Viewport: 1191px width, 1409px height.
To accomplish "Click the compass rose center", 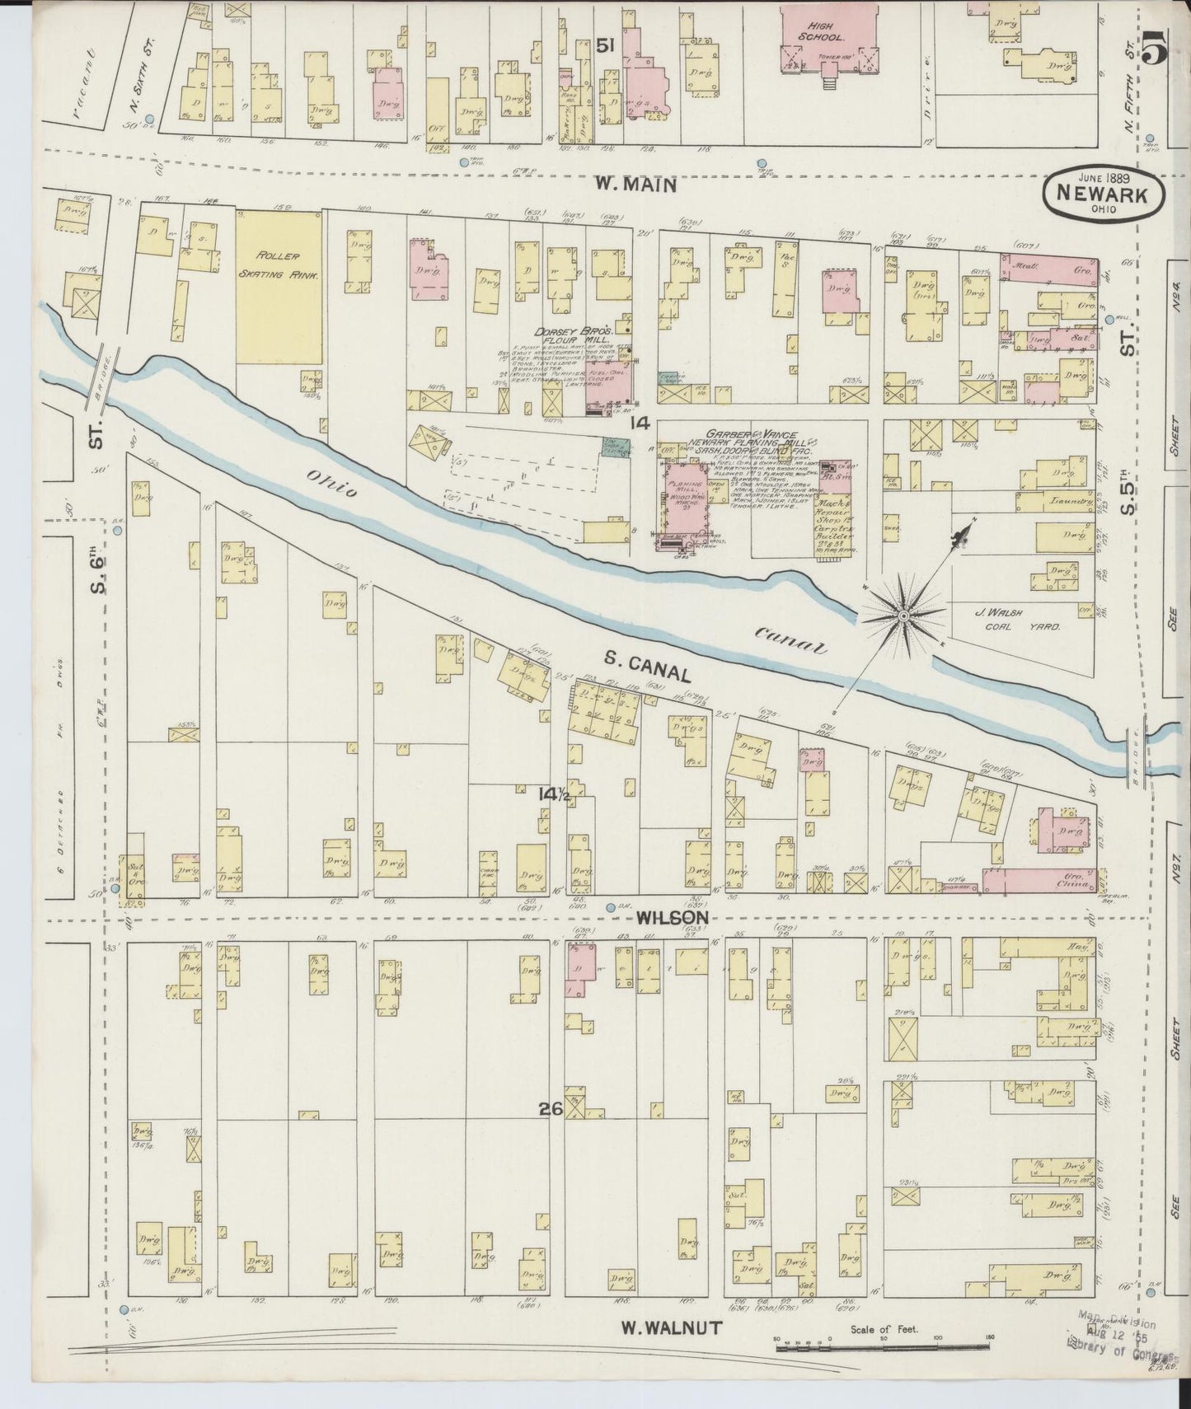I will [x=903, y=616].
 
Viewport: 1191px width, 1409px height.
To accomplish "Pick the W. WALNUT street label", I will [x=672, y=1327].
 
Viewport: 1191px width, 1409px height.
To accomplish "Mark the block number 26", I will [x=551, y=1109].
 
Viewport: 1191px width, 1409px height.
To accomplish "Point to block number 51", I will [x=606, y=48].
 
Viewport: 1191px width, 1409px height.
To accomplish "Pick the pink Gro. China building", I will [x=1040, y=881].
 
